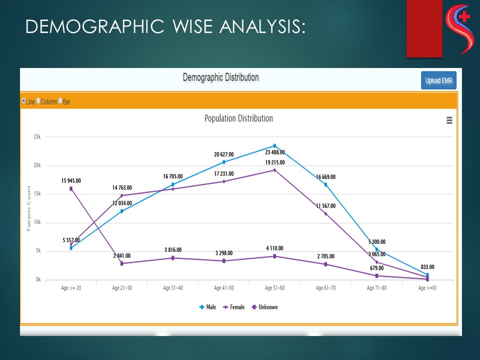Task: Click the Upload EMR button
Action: coord(438,80)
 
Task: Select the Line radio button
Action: coord(24,101)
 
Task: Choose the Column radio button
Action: coord(38,101)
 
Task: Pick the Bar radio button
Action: coord(60,101)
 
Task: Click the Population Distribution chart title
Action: coord(238,118)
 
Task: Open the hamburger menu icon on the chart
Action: coord(449,120)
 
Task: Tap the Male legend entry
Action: coord(207,307)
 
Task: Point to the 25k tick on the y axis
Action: coord(36,136)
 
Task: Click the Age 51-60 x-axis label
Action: coord(274,288)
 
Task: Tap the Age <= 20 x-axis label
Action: coord(71,288)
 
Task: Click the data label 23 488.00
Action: coord(275,152)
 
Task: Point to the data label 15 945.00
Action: coord(71,180)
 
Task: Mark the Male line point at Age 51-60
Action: coord(274,145)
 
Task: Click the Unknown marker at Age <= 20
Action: coord(71,188)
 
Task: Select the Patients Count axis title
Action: coord(28,208)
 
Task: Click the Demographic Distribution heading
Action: coord(220,77)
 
